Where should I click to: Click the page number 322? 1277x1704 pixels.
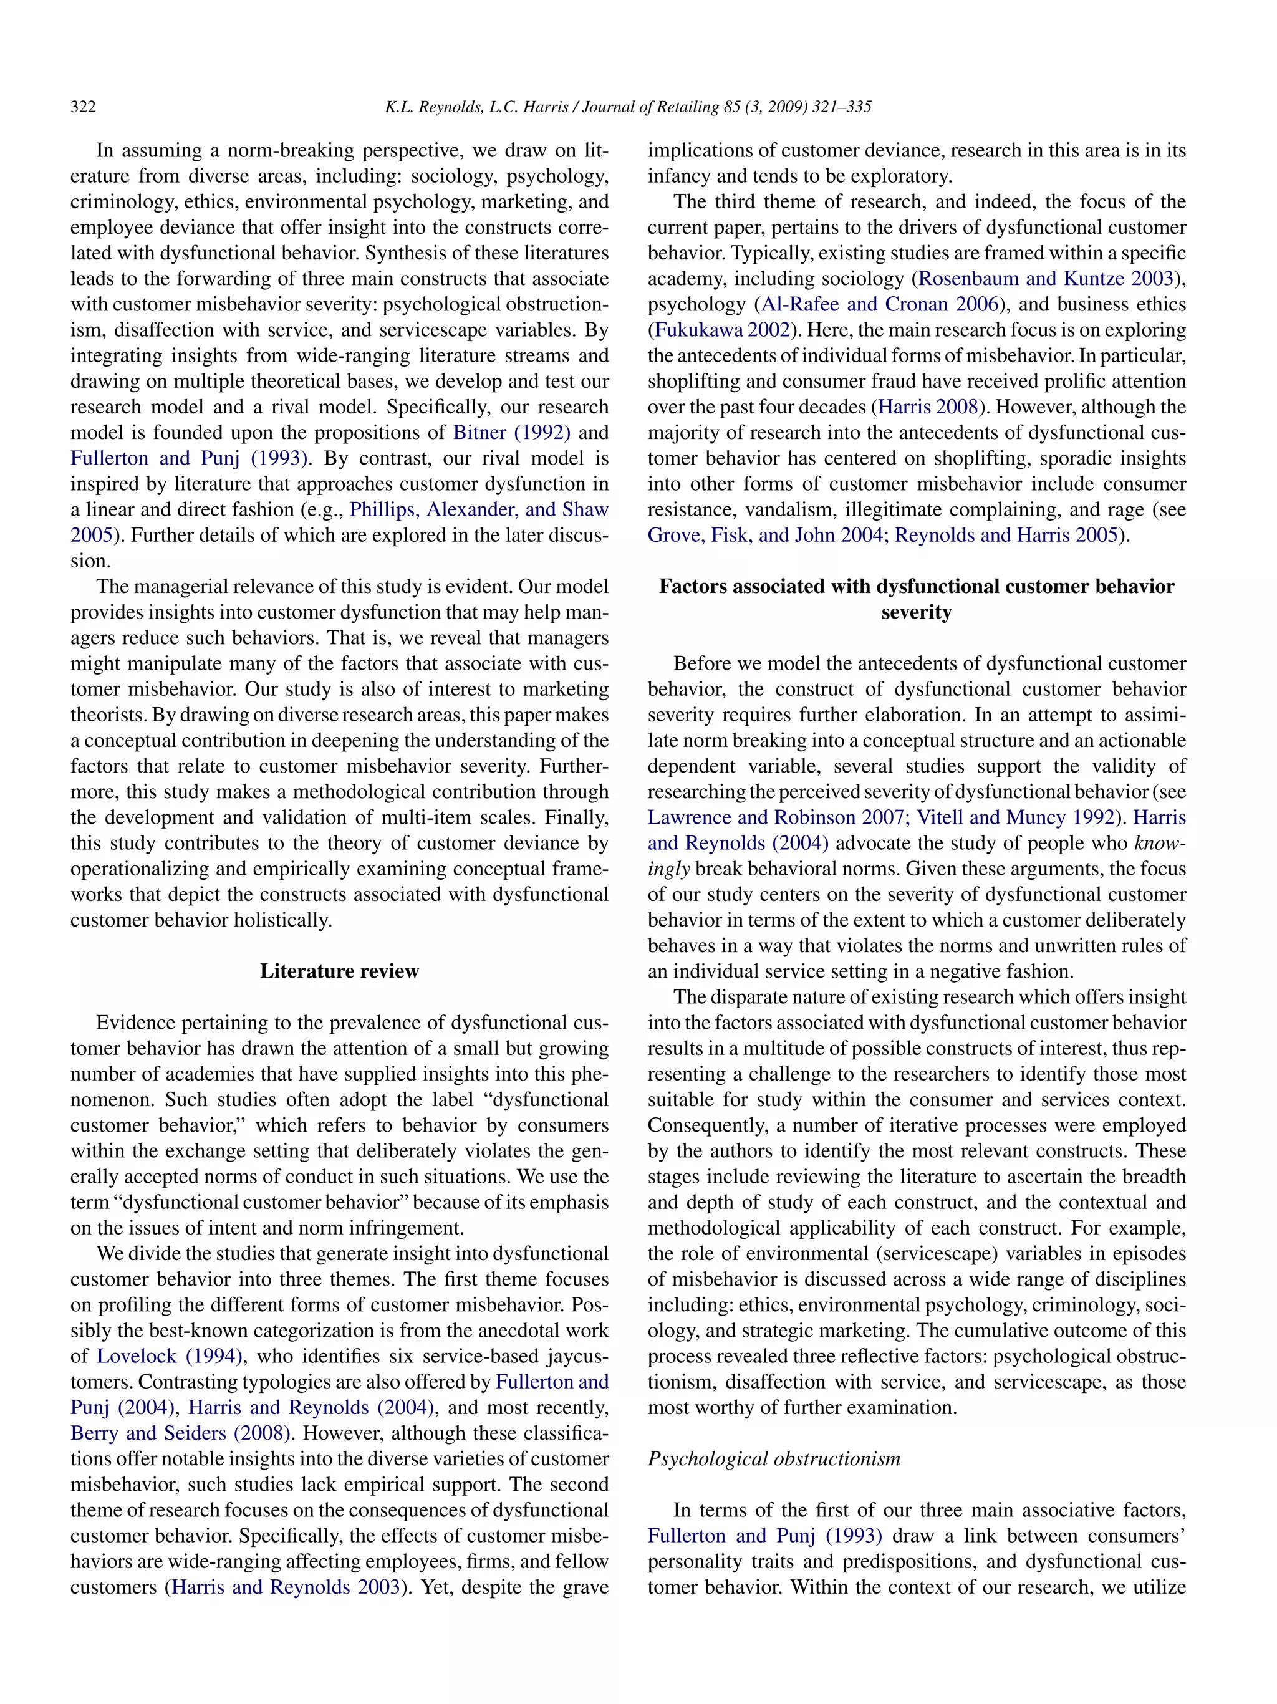(83, 107)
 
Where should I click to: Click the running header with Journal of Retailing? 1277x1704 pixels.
(628, 107)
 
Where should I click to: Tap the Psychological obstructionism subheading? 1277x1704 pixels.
(773, 1458)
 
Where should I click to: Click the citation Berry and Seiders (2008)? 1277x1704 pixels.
(180, 1433)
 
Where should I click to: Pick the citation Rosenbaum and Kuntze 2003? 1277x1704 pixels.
(1045, 279)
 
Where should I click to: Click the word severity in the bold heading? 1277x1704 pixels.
(916, 612)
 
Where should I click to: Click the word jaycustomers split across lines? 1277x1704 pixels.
(566, 1356)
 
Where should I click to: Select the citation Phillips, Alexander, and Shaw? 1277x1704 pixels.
(478, 510)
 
